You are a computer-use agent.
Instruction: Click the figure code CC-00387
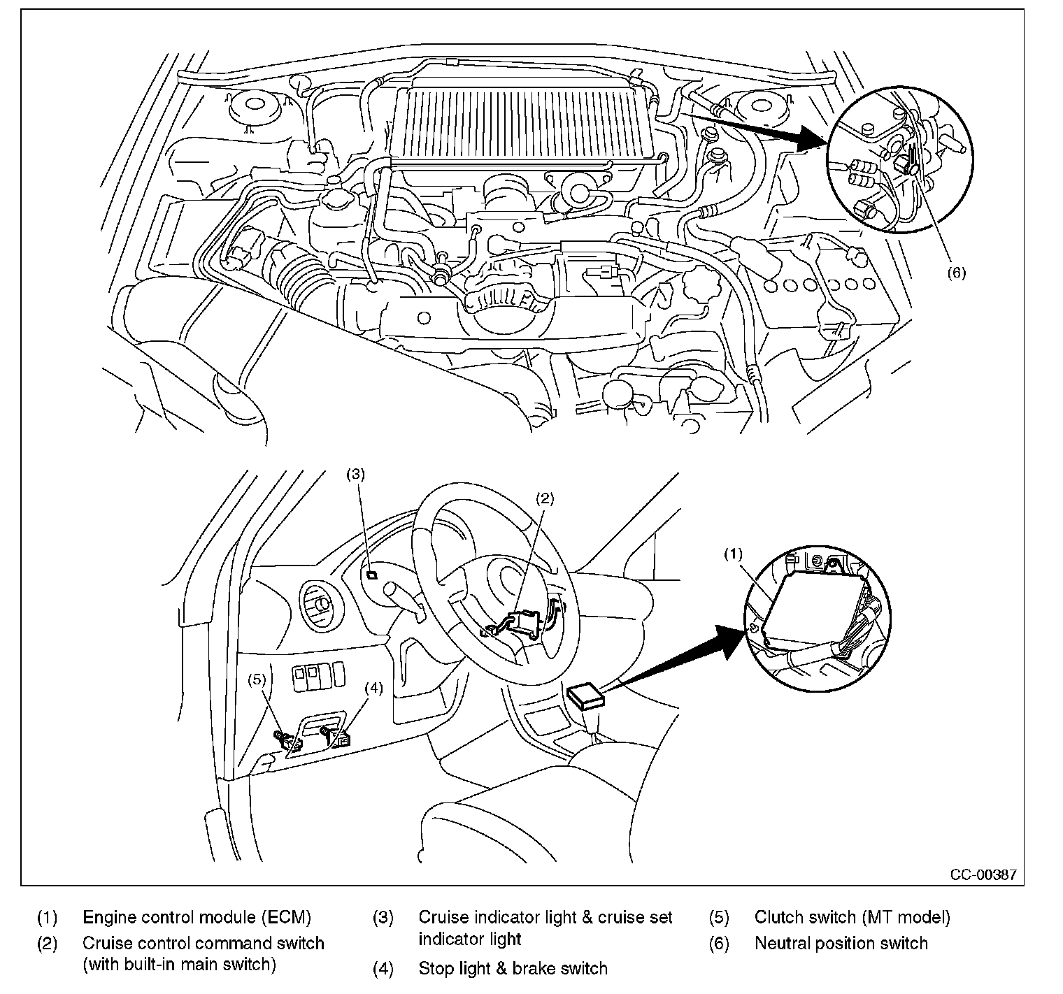pyautogui.click(x=983, y=874)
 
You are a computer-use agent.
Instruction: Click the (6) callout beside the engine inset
pyautogui.click(x=956, y=273)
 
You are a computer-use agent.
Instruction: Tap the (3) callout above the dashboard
pyautogui.click(x=356, y=474)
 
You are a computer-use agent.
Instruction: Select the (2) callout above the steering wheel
pyautogui.click(x=545, y=498)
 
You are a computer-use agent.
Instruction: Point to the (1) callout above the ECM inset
pyautogui.click(x=732, y=554)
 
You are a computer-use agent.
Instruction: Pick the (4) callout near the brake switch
pyautogui.click(x=374, y=688)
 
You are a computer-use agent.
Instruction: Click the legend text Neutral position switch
pyautogui.click(x=841, y=943)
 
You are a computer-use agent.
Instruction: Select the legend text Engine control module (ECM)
pyautogui.click(x=197, y=917)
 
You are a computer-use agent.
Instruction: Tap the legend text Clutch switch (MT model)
pyautogui.click(x=852, y=917)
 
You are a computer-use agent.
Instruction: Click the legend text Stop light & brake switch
pyautogui.click(x=513, y=968)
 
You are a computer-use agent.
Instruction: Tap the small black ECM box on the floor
pyautogui.click(x=585, y=696)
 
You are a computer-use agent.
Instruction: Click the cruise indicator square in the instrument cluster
pyautogui.click(x=372, y=575)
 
